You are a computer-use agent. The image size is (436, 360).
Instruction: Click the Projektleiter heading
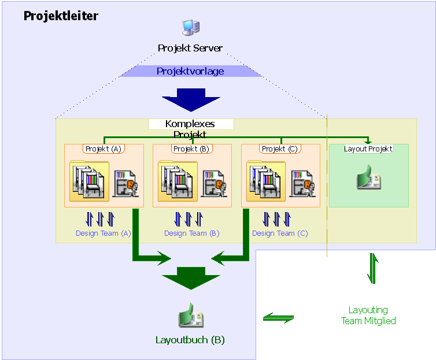pos(61,16)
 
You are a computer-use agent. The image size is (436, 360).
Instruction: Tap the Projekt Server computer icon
pos(190,27)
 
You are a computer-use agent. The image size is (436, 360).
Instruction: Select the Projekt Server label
pos(190,49)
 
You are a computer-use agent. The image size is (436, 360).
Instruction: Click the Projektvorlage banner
pos(190,72)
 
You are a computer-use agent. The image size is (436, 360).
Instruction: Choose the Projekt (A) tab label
pos(104,149)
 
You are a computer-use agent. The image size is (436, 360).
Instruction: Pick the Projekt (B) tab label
pos(192,149)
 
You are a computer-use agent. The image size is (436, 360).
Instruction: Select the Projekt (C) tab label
pos(280,149)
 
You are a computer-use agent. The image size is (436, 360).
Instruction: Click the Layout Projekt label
pos(368,149)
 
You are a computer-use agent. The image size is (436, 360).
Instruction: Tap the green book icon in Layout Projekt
pos(368,178)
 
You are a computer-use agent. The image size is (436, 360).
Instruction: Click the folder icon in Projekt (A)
pos(88,181)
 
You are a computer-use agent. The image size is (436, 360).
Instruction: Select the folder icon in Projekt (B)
pos(178,181)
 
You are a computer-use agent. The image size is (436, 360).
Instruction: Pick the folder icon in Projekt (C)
pos(266,181)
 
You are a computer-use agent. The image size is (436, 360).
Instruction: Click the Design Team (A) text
pos(104,233)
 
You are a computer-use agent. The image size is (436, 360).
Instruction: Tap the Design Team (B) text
pos(192,233)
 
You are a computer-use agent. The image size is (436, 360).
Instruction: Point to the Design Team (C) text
pos(280,233)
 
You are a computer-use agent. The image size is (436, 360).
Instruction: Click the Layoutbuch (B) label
pos(190,340)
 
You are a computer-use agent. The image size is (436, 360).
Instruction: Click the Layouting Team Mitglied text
pos(368,316)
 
